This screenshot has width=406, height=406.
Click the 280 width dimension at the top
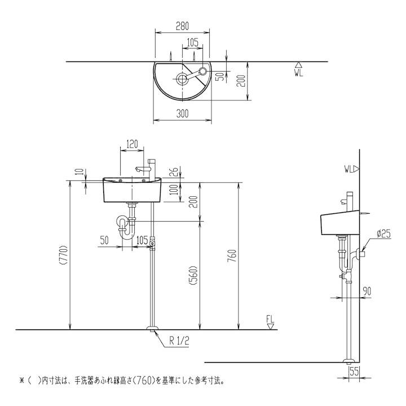pyautogui.click(x=182, y=26)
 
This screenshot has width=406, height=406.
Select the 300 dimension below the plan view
pyautogui.click(x=182, y=114)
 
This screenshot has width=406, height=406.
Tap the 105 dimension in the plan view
pyautogui.click(x=192, y=41)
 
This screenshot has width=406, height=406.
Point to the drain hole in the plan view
pyautogui.click(x=183, y=78)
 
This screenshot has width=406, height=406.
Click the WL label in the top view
pyautogui.click(x=299, y=72)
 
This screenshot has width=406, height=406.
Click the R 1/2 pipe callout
pyautogui.click(x=179, y=341)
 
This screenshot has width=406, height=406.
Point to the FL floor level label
pyautogui.click(x=271, y=320)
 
